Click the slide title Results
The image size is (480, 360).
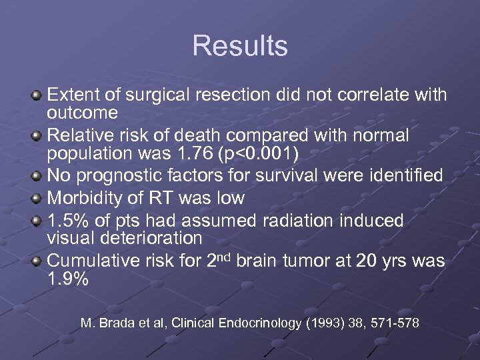pyautogui.click(x=240, y=46)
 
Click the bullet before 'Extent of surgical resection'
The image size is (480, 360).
pyautogui.click(x=38, y=96)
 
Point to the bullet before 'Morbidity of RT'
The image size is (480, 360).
pyautogui.click(x=38, y=199)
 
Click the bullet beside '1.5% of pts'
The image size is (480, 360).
pyautogui.click(x=38, y=220)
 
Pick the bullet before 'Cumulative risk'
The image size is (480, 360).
pyautogui.click(x=38, y=261)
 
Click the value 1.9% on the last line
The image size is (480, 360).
pyautogui.click(x=67, y=279)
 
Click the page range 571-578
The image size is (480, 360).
pyautogui.click(x=393, y=323)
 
